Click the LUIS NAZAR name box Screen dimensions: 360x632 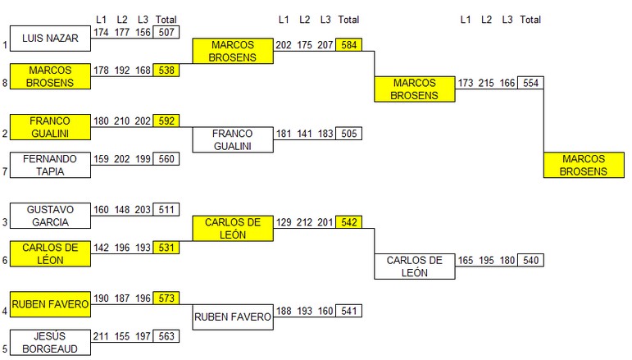[x=49, y=38]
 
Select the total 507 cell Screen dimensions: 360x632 [x=166, y=32]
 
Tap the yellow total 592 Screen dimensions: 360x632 [x=166, y=121]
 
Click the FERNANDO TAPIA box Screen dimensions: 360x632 [x=49, y=165]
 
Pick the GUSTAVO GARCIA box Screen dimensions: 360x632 [x=49, y=215]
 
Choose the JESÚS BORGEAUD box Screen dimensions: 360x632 [x=49, y=342]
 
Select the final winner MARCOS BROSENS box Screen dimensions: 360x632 [x=584, y=165]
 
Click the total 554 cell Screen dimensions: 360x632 [x=530, y=83]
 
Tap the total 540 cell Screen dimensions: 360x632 [x=530, y=261]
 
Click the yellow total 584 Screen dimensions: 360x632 [x=348, y=44]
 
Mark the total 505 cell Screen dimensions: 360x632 [x=348, y=134]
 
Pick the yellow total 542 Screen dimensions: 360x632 [x=348, y=222]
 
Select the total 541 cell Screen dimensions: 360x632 [x=348, y=312]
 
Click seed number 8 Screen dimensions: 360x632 [x=5, y=82]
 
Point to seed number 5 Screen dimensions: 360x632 [x=5, y=349]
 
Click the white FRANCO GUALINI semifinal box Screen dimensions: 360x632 [x=233, y=139]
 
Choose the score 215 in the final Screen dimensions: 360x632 [x=486, y=83]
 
